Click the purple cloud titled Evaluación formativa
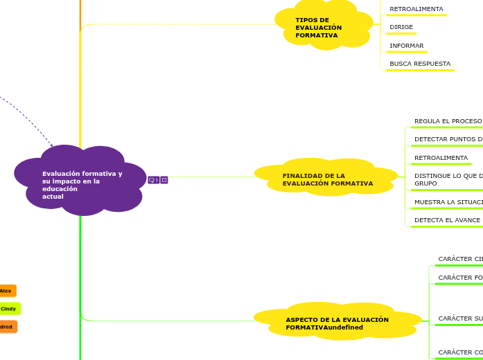(81, 181)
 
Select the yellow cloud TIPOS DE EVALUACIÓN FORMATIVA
(322, 28)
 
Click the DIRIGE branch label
(401, 27)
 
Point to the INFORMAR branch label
(407, 46)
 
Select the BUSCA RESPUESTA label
(419, 64)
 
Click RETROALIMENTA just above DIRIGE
(416, 9)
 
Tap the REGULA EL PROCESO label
(448, 121)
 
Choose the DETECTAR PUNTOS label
(448, 139)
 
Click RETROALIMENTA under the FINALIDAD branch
(441, 158)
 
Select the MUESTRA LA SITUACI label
(448, 202)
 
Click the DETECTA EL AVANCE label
(447, 220)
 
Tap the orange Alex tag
(6, 291)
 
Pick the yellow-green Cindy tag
(9, 309)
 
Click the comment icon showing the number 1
(153, 180)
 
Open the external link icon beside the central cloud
(164, 180)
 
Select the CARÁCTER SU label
(460, 318)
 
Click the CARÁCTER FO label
(460, 278)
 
